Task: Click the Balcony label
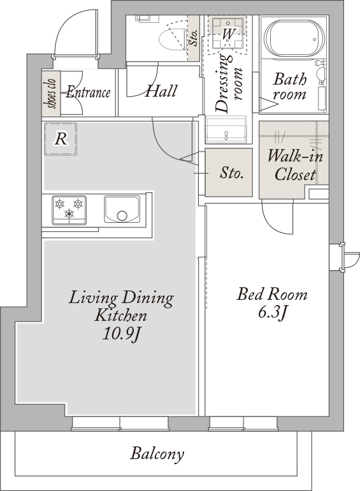[157, 454]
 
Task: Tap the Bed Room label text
[272, 295]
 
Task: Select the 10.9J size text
[121, 334]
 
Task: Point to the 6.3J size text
[272, 313]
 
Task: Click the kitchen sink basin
[122, 210]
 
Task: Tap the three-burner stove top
[69, 210]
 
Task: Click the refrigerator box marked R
[61, 139]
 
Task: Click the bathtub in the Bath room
[293, 39]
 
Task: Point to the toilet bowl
[172, 39]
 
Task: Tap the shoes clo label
[52, 94]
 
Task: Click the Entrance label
[88, 92]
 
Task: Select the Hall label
[161, 91]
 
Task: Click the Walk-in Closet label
[295, 165]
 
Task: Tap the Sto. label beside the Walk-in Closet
[231, 172]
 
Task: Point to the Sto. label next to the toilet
[194, 38]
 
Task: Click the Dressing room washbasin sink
[226, 130]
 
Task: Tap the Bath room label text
[289, 87]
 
